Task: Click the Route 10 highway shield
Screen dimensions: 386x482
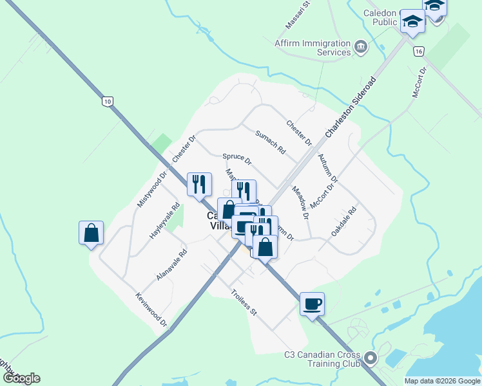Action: [107, 101]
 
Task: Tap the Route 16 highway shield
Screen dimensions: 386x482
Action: [419, 51]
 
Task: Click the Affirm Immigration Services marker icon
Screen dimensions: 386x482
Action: [361, 46]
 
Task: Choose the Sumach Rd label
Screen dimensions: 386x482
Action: [270, 142]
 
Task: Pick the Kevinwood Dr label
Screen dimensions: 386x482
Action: [151, 309]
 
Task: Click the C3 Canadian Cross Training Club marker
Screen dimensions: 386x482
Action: [370, 357]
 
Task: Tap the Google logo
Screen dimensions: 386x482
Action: [21, 378]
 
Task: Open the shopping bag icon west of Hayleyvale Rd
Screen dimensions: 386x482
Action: [91, 233]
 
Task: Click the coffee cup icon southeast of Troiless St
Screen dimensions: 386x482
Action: [312, 304]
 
